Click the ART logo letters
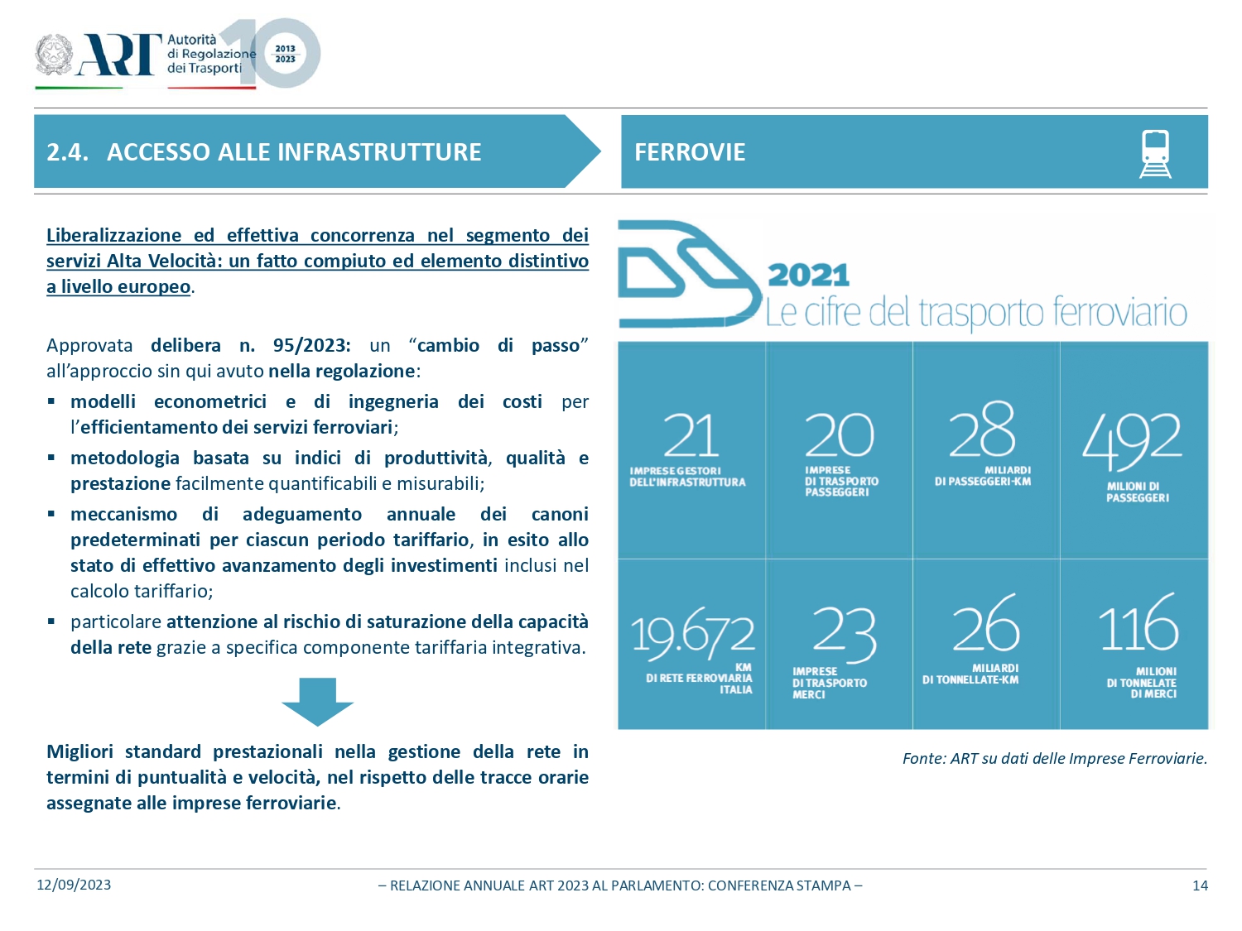pyautogui.click(x=118, y=55)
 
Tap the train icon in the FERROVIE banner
pyautogui.click(x=1155, y=153)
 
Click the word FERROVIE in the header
pyautogui.click(x=690, y=152)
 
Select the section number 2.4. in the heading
pyautogui.click(x=67, y=152)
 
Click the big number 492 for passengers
pyautogui.click(x=1132, y=439)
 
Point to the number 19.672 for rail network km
pyautogui.click(x=692, y=634)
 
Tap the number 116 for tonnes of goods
pyautogui.click(x=1138, y=624)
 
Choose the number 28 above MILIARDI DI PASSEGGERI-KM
pyautogui.click(x=982, y=430)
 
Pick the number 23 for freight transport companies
pyautogui.click(x=844, y=632)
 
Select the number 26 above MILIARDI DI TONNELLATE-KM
pyautogui.click(x=985, y=625)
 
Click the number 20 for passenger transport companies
pyautogui.click(x=839, y=435)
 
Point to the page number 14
pyautogui.click(x=1200, y=885)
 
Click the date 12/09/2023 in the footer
pyautogui.click(x=74, y=885)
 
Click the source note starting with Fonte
pyautogui.click(x=1054, y=758)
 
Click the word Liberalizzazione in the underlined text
pyautogui.click(x=113, y=236)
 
